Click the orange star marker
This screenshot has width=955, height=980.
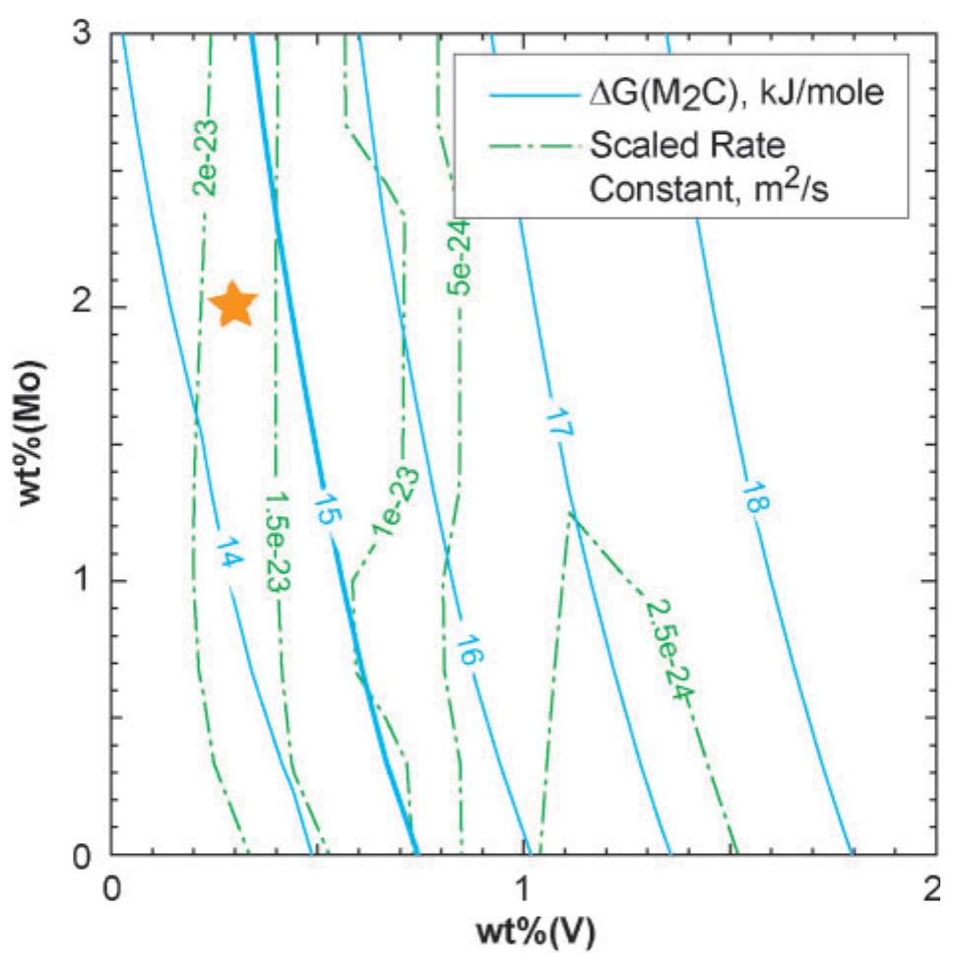tap(235, 304)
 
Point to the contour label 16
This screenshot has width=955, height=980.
tap(467, 653)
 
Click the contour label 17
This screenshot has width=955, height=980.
tap(555, 426)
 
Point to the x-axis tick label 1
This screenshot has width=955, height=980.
tap(522, 887)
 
